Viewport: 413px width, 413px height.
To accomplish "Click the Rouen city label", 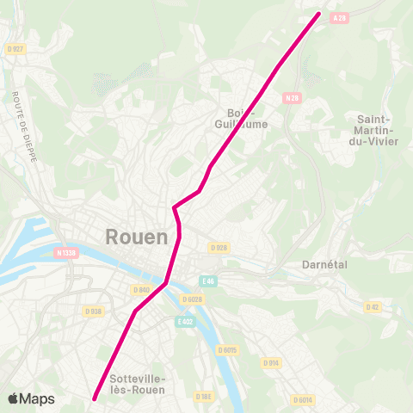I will (x=136, y=236).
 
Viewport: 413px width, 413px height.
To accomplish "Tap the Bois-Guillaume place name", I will (x=248, y=118).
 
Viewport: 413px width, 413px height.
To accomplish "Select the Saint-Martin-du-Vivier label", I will (x=377, y=130).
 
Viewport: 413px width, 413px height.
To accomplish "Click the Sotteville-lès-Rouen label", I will (x=138, y=384).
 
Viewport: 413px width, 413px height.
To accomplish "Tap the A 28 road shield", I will (x=342, y=17).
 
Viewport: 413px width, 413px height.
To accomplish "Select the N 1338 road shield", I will (x=65, y=253).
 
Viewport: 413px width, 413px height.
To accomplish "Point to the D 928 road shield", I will (x=219, y=248).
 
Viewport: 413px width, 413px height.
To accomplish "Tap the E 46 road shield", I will (x=207, y=280).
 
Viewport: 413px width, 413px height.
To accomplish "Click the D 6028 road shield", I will (x=191, y=299).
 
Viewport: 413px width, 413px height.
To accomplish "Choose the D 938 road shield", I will (x=94, y=311).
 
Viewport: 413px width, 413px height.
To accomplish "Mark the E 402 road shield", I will (x=183, y=321).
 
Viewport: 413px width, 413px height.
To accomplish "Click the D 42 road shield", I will (x=373, y=306).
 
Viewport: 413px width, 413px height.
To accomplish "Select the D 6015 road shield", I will (x=227, y=349).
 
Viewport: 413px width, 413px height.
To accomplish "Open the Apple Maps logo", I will (x=31, y=398).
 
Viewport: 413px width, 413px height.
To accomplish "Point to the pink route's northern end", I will (x=319, y=13).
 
